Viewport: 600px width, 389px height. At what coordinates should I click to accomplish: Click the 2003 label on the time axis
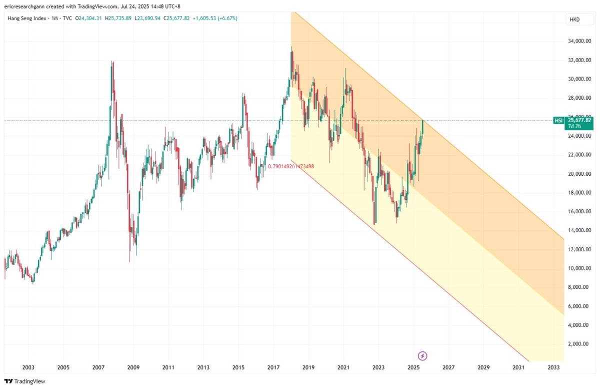[28, 367]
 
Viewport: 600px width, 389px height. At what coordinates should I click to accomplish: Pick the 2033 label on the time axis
[553, 367]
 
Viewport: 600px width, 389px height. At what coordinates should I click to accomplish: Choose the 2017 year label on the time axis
[273, 367]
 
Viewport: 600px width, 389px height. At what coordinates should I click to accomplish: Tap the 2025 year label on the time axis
[413, 367]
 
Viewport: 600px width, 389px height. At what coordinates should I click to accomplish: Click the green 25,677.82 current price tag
[579, 120]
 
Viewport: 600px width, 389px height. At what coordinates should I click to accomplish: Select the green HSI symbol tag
[558, 121]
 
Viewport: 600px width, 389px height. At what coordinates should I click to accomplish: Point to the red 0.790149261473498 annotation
[291, 166]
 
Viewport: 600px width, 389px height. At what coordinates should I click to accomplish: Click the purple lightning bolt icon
[423, 356]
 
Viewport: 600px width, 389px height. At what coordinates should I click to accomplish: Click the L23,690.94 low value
[153, 19]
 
